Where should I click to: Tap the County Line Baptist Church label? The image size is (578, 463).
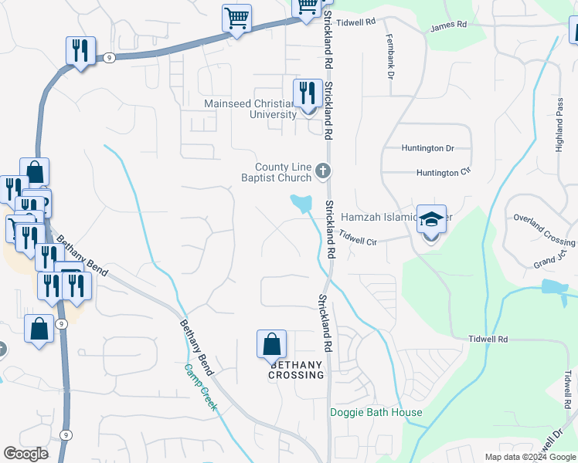tap(283, 173)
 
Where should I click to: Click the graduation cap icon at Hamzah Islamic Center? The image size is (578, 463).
tap(432, 218)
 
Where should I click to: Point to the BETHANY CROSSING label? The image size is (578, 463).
tap(296, 370)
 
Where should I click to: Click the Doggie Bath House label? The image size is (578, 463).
tap(376, 412)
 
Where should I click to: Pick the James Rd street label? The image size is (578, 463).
tap(449, 25)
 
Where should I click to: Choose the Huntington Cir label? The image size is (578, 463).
tap(444, 173)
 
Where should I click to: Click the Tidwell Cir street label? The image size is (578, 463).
tap(356, 238)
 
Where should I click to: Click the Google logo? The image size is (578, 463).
tap(26, 454)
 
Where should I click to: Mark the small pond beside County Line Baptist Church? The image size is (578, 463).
tap(301, 203)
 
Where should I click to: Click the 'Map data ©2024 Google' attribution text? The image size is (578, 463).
tap(530, 457)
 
